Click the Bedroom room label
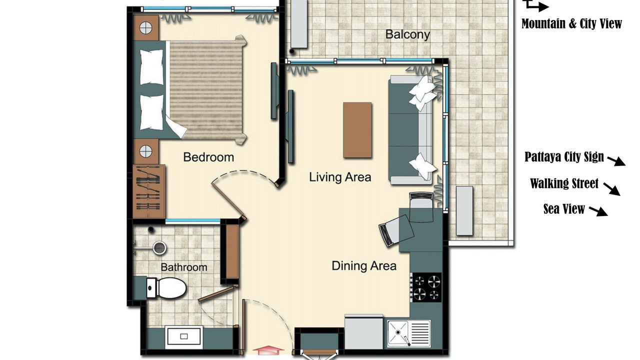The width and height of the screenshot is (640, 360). point(208,157)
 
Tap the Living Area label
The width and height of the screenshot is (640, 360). point(340,177)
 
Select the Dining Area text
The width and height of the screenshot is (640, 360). point(364,265)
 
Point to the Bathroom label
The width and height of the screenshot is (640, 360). point(184,267)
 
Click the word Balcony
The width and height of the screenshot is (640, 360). point(407,34)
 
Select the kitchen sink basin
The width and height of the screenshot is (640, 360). point(397,333)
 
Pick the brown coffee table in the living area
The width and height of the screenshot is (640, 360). point(357,130)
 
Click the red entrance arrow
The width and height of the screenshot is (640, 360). point(268,350)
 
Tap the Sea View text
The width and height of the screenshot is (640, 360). point(564,209)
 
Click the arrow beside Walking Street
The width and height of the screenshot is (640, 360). point(611,189)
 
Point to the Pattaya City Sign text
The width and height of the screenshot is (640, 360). point(564,156)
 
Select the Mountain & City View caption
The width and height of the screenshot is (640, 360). point(571,23)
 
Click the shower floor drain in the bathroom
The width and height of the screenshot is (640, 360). point(159,247)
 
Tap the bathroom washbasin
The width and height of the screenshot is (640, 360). point(184,336)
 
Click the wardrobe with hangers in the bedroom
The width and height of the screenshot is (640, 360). point(149,191)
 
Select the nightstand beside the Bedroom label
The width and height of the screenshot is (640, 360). point(146,151)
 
